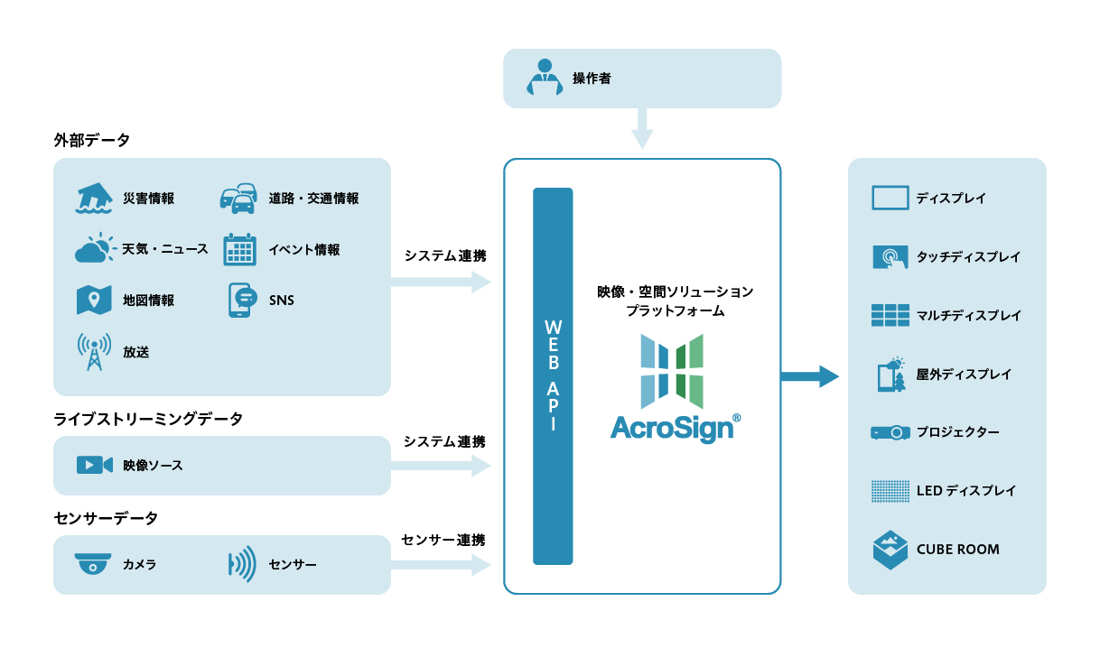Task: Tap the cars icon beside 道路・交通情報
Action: [238, 199]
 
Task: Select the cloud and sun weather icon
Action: [95, 249]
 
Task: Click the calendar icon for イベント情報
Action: [239, 249]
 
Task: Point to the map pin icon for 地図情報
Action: [94, 301]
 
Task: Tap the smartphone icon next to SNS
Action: [240, 301]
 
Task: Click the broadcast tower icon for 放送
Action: [94, 352]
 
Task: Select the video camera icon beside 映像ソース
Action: [94, 465]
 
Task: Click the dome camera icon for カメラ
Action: [93, 565]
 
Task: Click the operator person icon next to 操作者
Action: [545, 78]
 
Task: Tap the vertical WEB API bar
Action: [553, 375]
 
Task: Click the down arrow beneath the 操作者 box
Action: [642, 128]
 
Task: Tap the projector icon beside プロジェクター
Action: [890, 433]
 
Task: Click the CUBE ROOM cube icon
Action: [890, 550]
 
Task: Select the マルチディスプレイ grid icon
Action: [890, 315]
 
